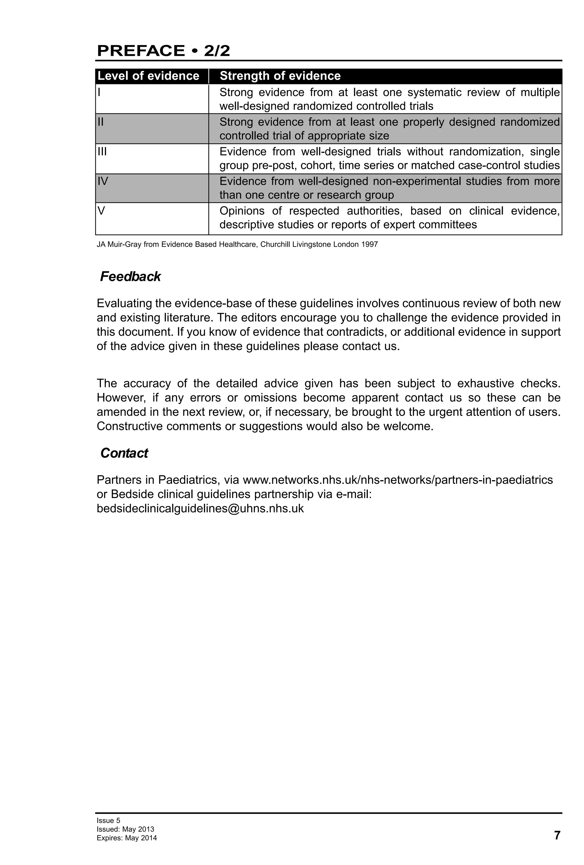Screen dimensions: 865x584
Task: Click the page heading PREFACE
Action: (x=141, y=51)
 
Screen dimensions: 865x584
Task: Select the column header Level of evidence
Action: (x=148, y=76)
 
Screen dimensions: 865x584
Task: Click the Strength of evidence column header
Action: (x=280, y=76)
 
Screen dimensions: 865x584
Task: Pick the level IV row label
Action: (x=103, y=181)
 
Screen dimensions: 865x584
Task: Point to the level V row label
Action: (x=101, y=211)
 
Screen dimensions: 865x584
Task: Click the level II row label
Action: (x=100, y=122)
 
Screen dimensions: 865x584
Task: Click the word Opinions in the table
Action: (x=242, y=211)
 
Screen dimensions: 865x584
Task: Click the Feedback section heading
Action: (x=130, y=277)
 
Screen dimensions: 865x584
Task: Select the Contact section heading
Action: (x=124, y=453)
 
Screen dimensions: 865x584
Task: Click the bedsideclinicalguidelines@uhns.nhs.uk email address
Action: (x=200, y=508)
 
